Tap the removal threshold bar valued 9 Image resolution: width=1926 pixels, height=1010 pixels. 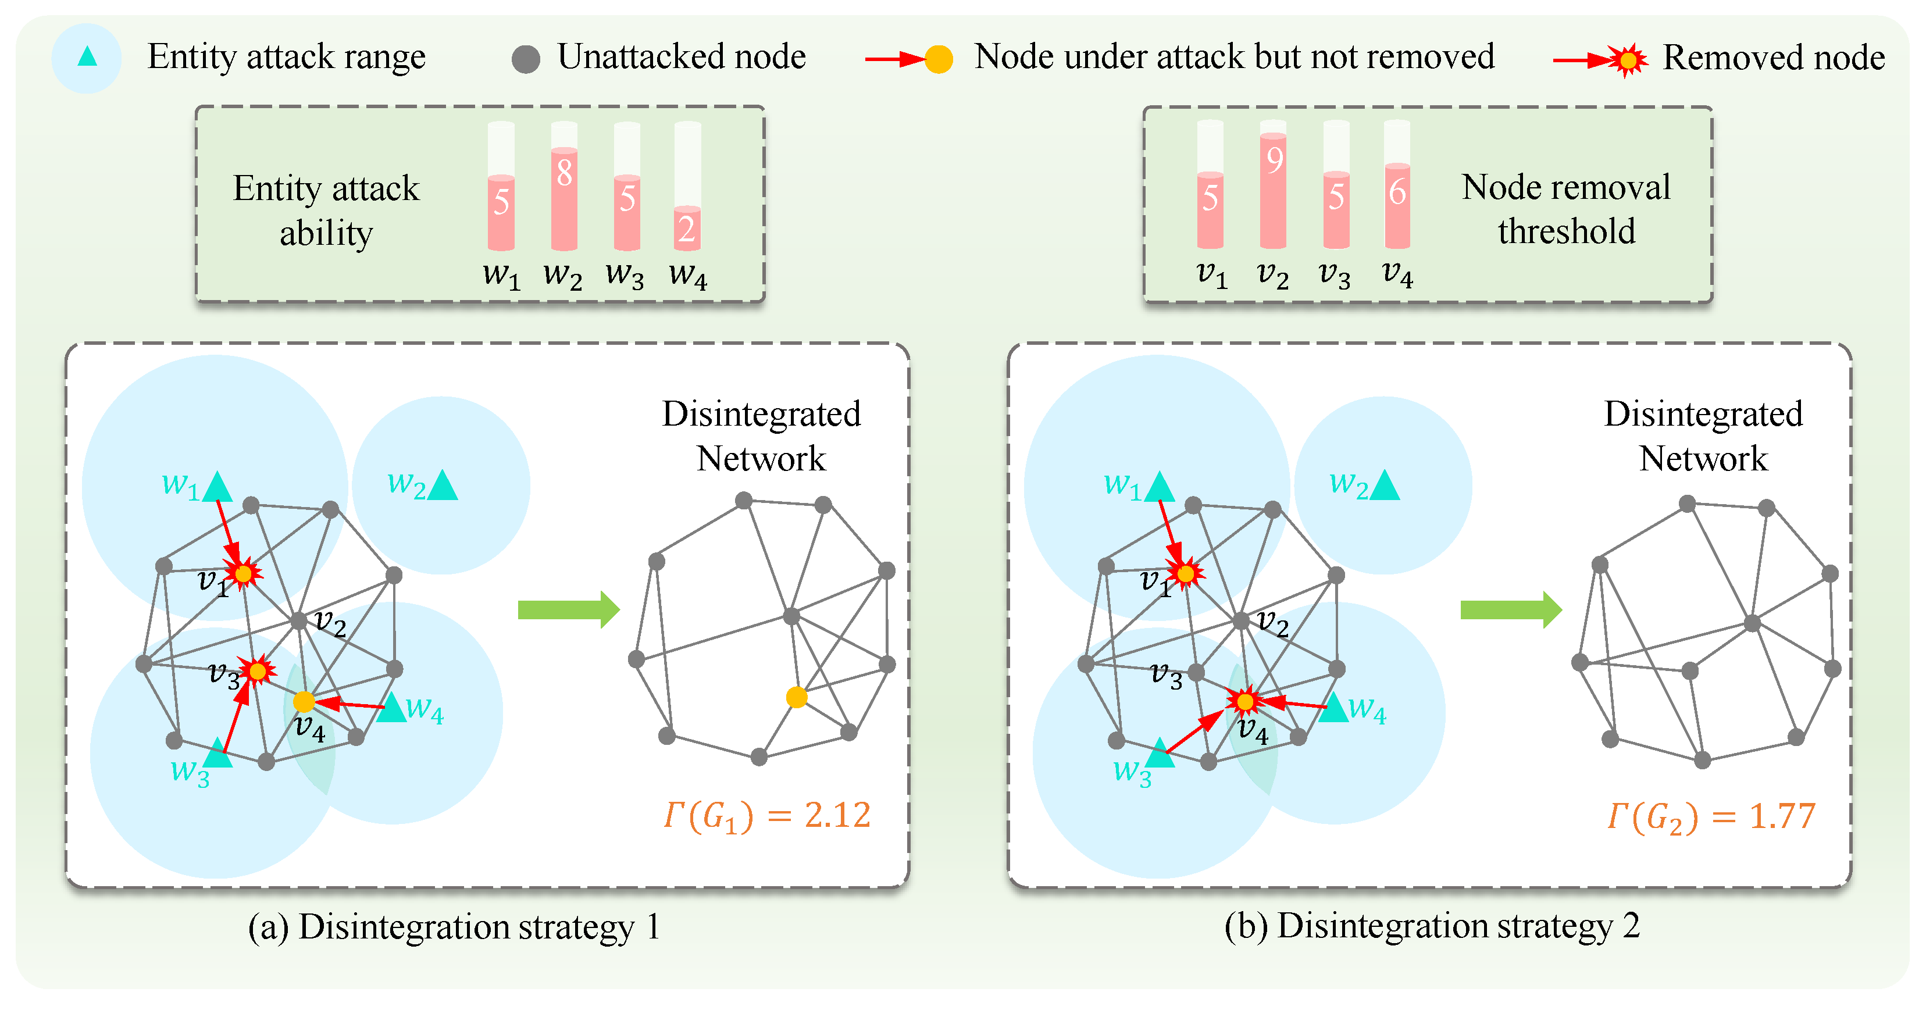click(x=1272, y=191)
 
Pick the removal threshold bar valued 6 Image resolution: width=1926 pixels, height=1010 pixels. click(x=1397, y=206)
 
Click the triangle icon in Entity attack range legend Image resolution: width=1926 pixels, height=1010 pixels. click(x=87, y=57)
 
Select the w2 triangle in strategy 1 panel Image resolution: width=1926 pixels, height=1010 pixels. click(x=443, y=486)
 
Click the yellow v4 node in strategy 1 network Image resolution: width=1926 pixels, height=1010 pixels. click(x=304, y=701)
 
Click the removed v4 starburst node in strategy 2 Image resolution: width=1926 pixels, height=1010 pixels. click(x=1245, y=701)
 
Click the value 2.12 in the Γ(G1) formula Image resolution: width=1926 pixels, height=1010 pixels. click(x=837, y=815)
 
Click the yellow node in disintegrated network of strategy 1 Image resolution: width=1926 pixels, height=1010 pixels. click(x=796, y=697)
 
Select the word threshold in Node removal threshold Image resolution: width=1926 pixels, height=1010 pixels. click(x=1567, y=231)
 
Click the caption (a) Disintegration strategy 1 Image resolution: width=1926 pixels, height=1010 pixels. click(x=454, y=927)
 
